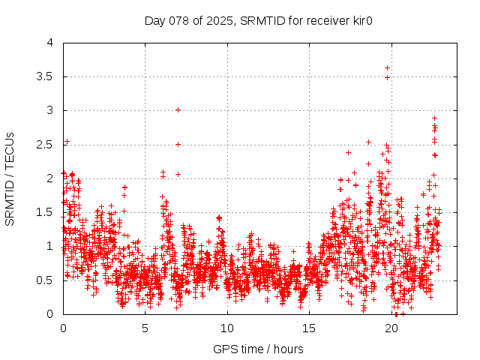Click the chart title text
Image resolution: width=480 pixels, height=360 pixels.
(x=239, y=20)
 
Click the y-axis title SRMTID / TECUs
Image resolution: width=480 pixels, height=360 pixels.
(x=10, y=178)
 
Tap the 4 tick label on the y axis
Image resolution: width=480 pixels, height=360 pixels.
(x=50, y=43)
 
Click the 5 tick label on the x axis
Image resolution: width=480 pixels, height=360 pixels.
(x=145, y=328)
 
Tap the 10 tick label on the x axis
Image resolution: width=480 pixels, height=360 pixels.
(x=227, y=328)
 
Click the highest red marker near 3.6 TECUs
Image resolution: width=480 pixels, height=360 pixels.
(x=387, y=68)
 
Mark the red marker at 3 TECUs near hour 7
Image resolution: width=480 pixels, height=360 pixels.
(x=178, y=109)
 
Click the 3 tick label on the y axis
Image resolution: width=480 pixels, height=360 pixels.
(x=50, y=111)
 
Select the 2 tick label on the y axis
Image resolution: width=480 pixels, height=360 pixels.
(x=50, y=178)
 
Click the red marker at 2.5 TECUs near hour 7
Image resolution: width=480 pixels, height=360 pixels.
(x=178, y=144)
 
